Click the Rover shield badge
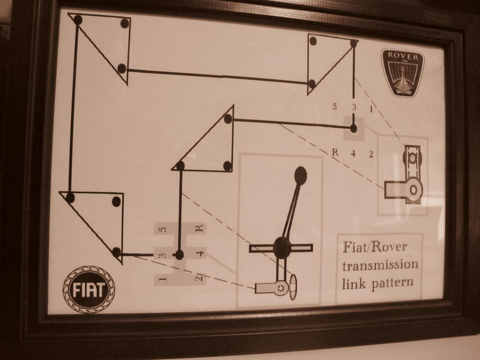click(403, 73)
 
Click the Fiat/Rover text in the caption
click(375, 247)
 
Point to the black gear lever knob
click(300, 175)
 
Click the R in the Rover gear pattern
click(335, 152)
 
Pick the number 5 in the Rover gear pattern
click(334, 106)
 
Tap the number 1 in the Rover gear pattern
click(371, 109)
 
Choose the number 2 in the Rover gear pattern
click(371, 154)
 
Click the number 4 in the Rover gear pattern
click(353, 153)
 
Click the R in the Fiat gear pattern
click(199, 228)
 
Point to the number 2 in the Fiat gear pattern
click(199, 278)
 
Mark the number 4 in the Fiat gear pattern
click(199, 254)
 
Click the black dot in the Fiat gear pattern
click(179, 255)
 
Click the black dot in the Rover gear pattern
click(353, 128)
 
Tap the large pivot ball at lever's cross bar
click(282, 247)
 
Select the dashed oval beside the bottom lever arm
click(293, 287)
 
